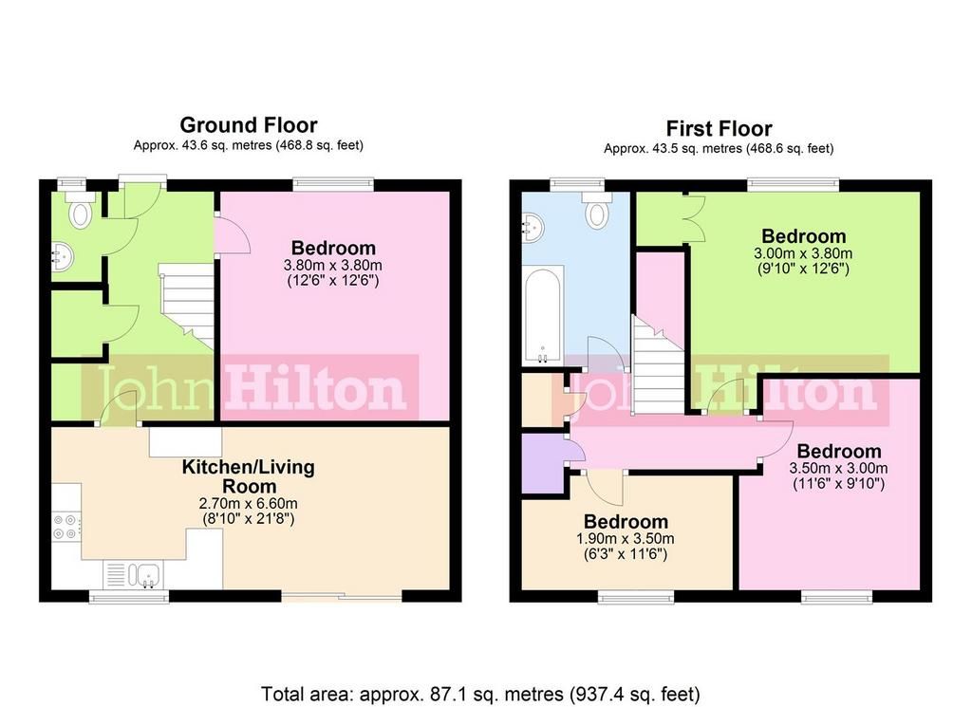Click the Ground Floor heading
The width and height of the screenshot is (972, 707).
(x=249, y=125)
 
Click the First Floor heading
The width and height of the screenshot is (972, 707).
(x=720, y=129)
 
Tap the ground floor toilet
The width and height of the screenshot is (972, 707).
(x=82, y=209)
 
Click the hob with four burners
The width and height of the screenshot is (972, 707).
(x=65, y=527)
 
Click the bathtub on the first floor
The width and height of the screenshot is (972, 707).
(x=543, y=315)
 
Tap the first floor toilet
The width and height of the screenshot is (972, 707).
(x=597, y=209)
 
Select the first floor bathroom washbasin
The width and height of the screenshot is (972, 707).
(x=533, y=227)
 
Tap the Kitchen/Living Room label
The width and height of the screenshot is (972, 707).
(x=248, y=476)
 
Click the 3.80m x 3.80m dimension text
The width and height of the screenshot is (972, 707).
(x=333, y=265)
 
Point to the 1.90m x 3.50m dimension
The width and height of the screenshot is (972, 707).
(x=626, y=539)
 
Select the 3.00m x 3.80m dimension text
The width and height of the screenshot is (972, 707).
(x=803, y=253)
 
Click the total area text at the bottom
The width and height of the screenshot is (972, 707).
(x=480, y=694)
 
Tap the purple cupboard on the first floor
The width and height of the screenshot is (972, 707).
(x=543, y=463)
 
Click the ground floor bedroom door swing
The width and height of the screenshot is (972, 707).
(x=233, y=233)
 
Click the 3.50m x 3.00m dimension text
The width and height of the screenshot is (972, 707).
(x=838, y=469)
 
